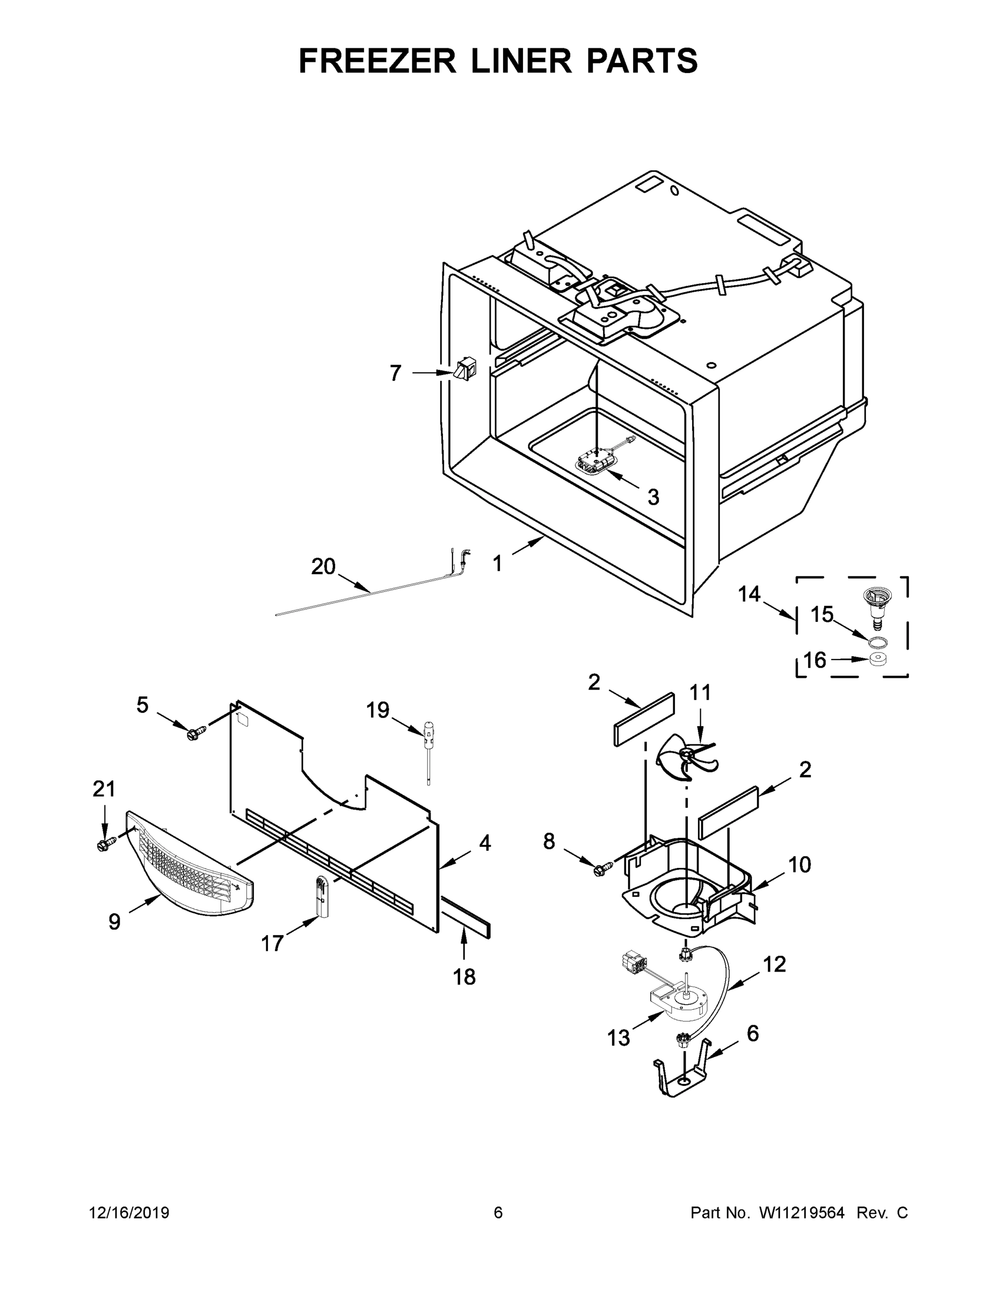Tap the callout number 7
pos(395,373)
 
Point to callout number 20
pos(323,567)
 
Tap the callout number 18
pos(464,977)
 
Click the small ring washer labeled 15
pos(878,642)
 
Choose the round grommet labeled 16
pos(879,659)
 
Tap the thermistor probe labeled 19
pos(427,750)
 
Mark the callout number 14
pos(750,595)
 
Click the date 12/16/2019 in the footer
pos(129,1212)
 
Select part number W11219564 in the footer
pos(801,1212)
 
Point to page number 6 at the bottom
pos(498,1212)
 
